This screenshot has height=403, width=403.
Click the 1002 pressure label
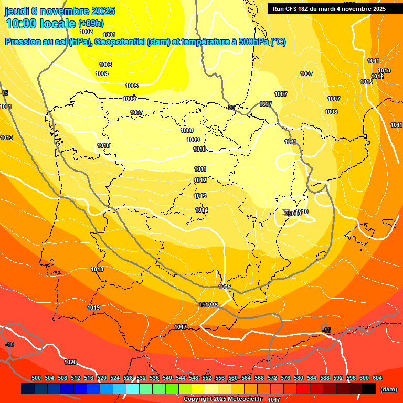(86, 31)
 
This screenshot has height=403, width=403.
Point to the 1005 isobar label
(132, 86)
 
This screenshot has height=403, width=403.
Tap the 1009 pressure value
(193, 140)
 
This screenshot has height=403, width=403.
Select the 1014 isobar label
(201, 210)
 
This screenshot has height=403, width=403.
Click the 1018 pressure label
(97, 269)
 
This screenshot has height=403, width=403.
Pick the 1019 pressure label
(93, 307)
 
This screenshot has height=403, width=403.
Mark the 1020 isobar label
(70, 362)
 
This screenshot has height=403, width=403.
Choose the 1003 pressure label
(105, 65)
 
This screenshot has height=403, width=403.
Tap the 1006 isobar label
(129, 99)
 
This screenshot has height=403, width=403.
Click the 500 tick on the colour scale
(36, 378)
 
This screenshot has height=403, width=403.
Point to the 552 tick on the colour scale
(207, 378)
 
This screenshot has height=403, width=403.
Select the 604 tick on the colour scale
(377, 378)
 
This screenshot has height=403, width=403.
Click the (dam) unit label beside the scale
(388, 389)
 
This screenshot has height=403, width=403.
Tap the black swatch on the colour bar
(369, 389)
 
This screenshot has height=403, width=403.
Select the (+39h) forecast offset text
(91, 24)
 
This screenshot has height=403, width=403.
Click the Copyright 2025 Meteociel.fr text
(222, 399)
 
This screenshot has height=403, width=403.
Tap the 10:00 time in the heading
(22, 24)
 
